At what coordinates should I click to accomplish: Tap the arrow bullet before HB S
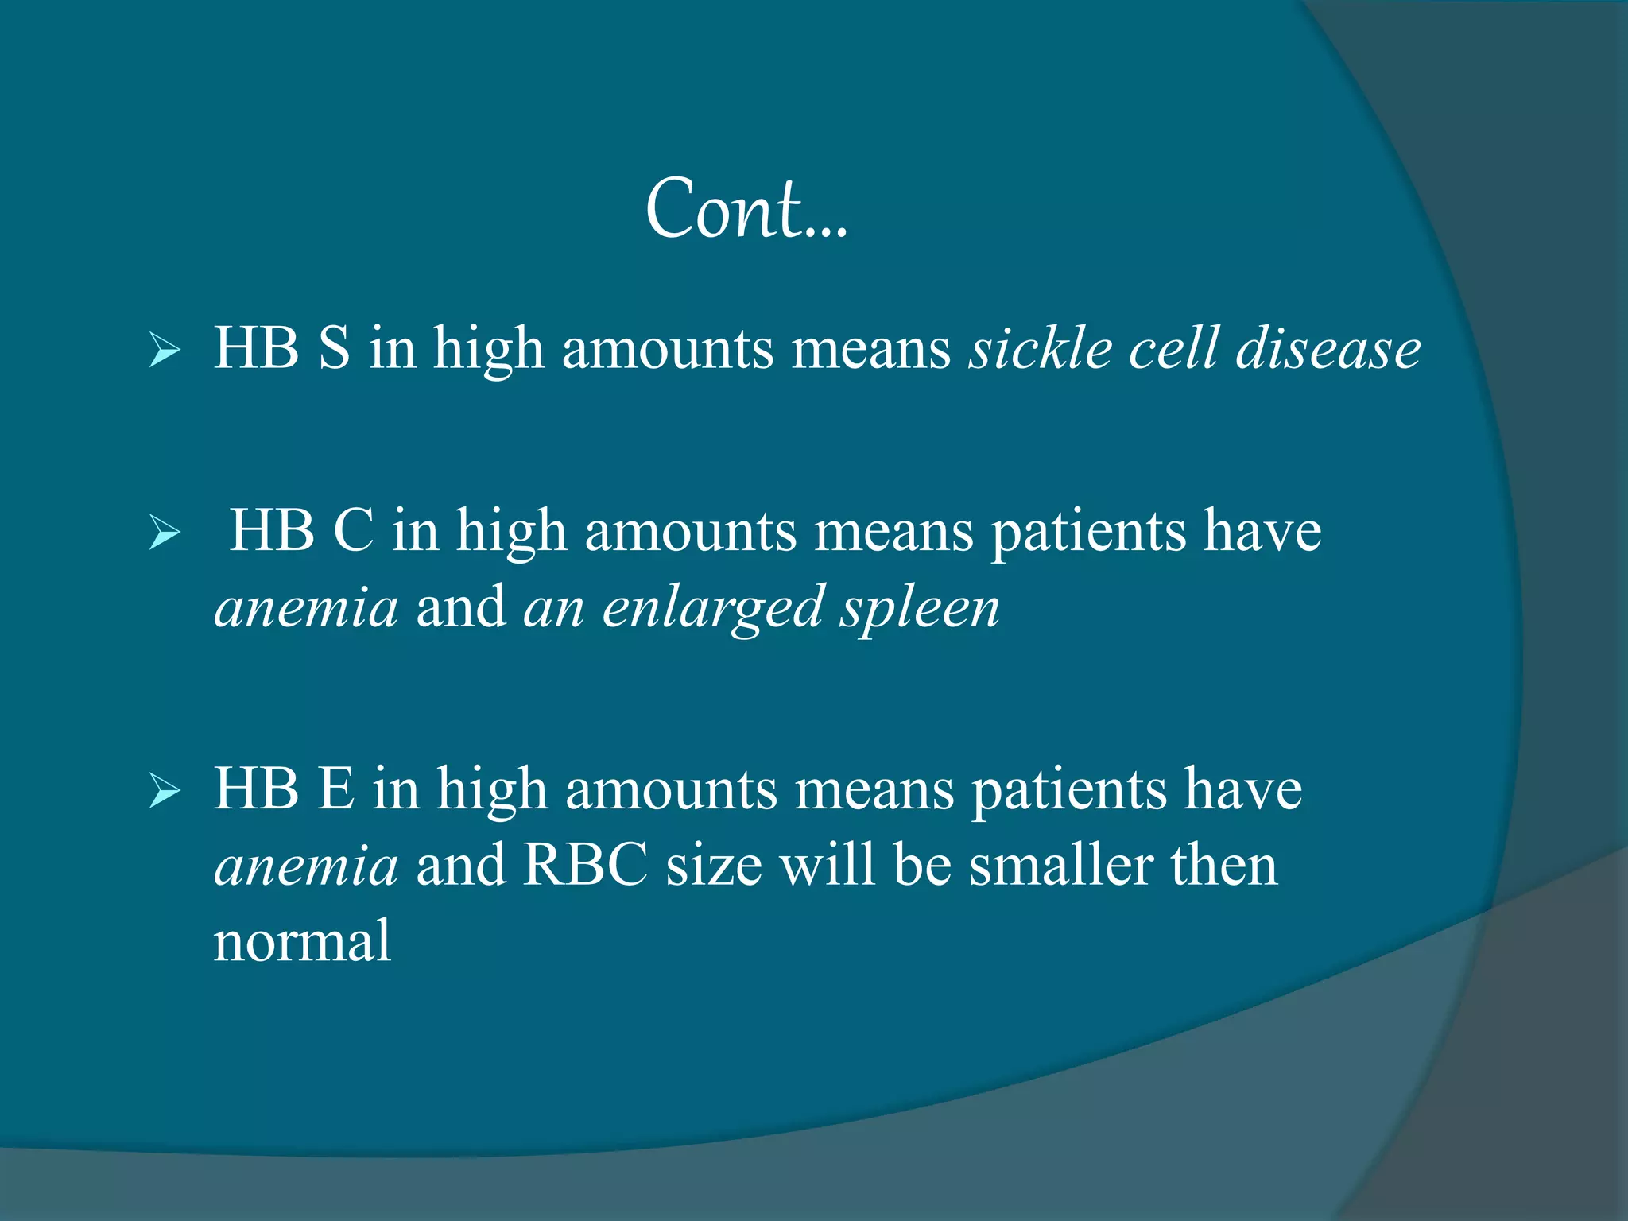click(165, 351)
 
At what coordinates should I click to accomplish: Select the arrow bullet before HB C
click(165, 533)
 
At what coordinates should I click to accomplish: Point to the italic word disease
click(1328, 350)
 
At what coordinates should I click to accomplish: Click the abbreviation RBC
click(585, 865)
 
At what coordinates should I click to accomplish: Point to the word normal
click(302, 941)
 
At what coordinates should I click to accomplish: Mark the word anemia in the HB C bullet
click(306, 608)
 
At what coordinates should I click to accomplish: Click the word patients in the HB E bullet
click(1069, 792)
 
